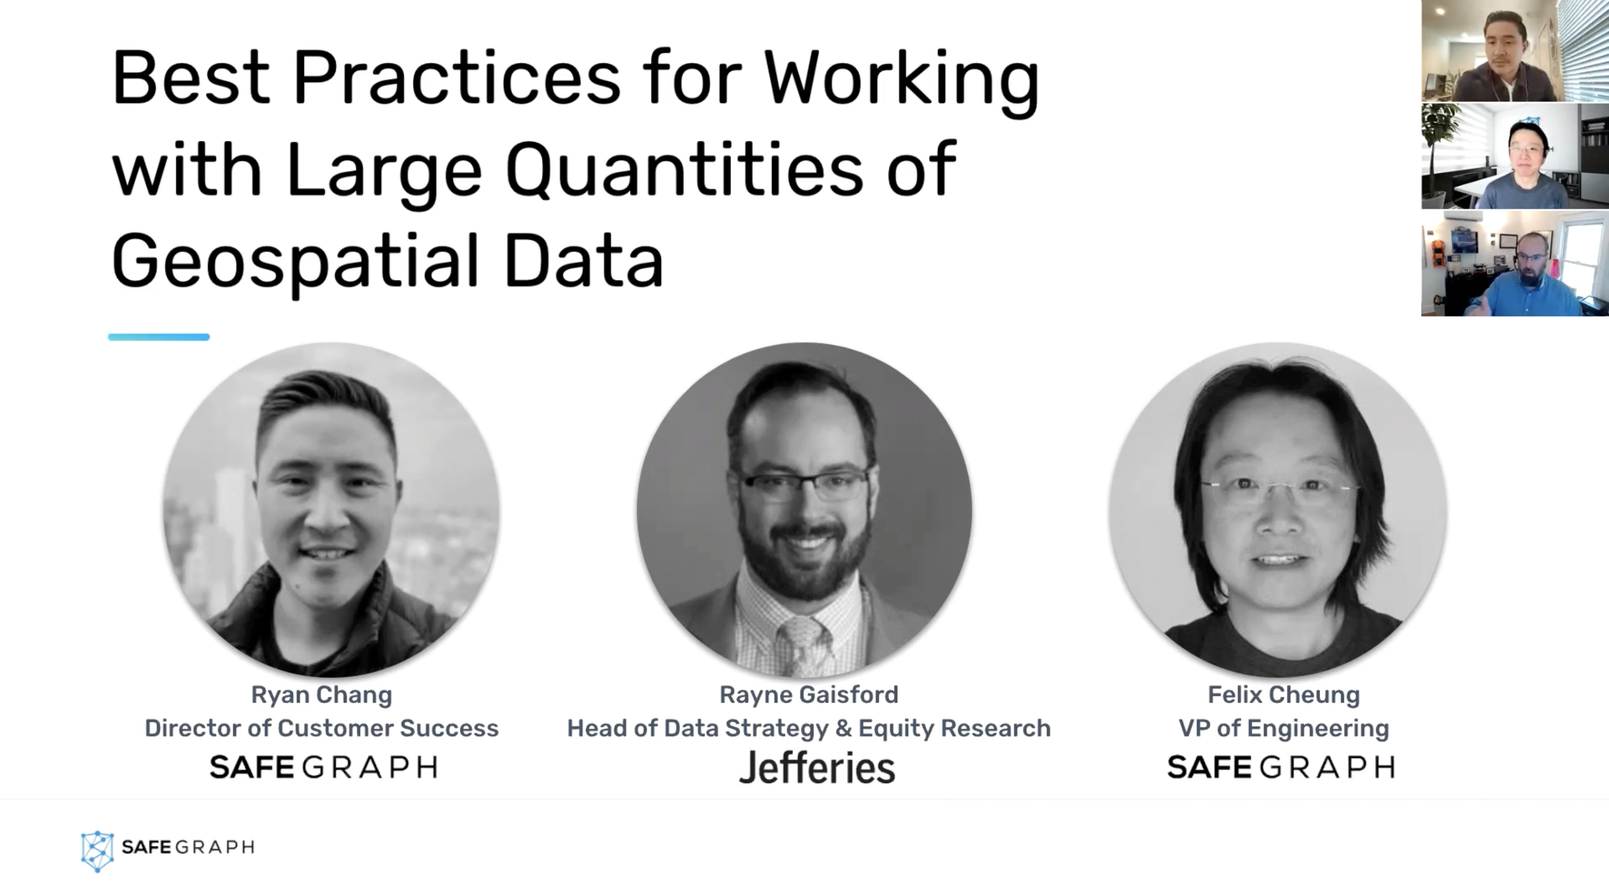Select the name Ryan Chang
coord(321,694)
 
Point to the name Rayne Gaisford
coord(808,694)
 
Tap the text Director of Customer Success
coord(321,728)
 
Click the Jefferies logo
coord(816,767)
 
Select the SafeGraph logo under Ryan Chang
coord(323,767)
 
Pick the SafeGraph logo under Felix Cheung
coord(1280,767)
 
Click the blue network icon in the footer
coord(97,850)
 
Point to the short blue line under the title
coord(159,338)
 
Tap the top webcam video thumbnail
coord(1514,51)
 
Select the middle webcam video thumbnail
coord(1514,156)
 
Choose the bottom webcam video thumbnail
coord(1514,263)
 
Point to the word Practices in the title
coord(456,79)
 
